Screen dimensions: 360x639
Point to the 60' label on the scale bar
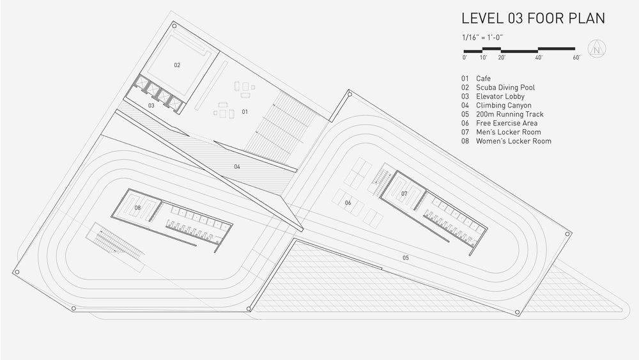(576, 58)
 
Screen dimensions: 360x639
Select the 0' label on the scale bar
(465, 58)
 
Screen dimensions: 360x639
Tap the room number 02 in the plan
(177, 65)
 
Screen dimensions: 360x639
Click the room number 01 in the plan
(245, 111)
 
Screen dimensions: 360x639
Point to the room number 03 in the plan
(151, 105)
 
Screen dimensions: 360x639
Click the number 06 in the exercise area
(348, 203)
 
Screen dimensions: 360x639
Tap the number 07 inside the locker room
(404, 192)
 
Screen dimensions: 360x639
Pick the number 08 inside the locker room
(137, 207)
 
